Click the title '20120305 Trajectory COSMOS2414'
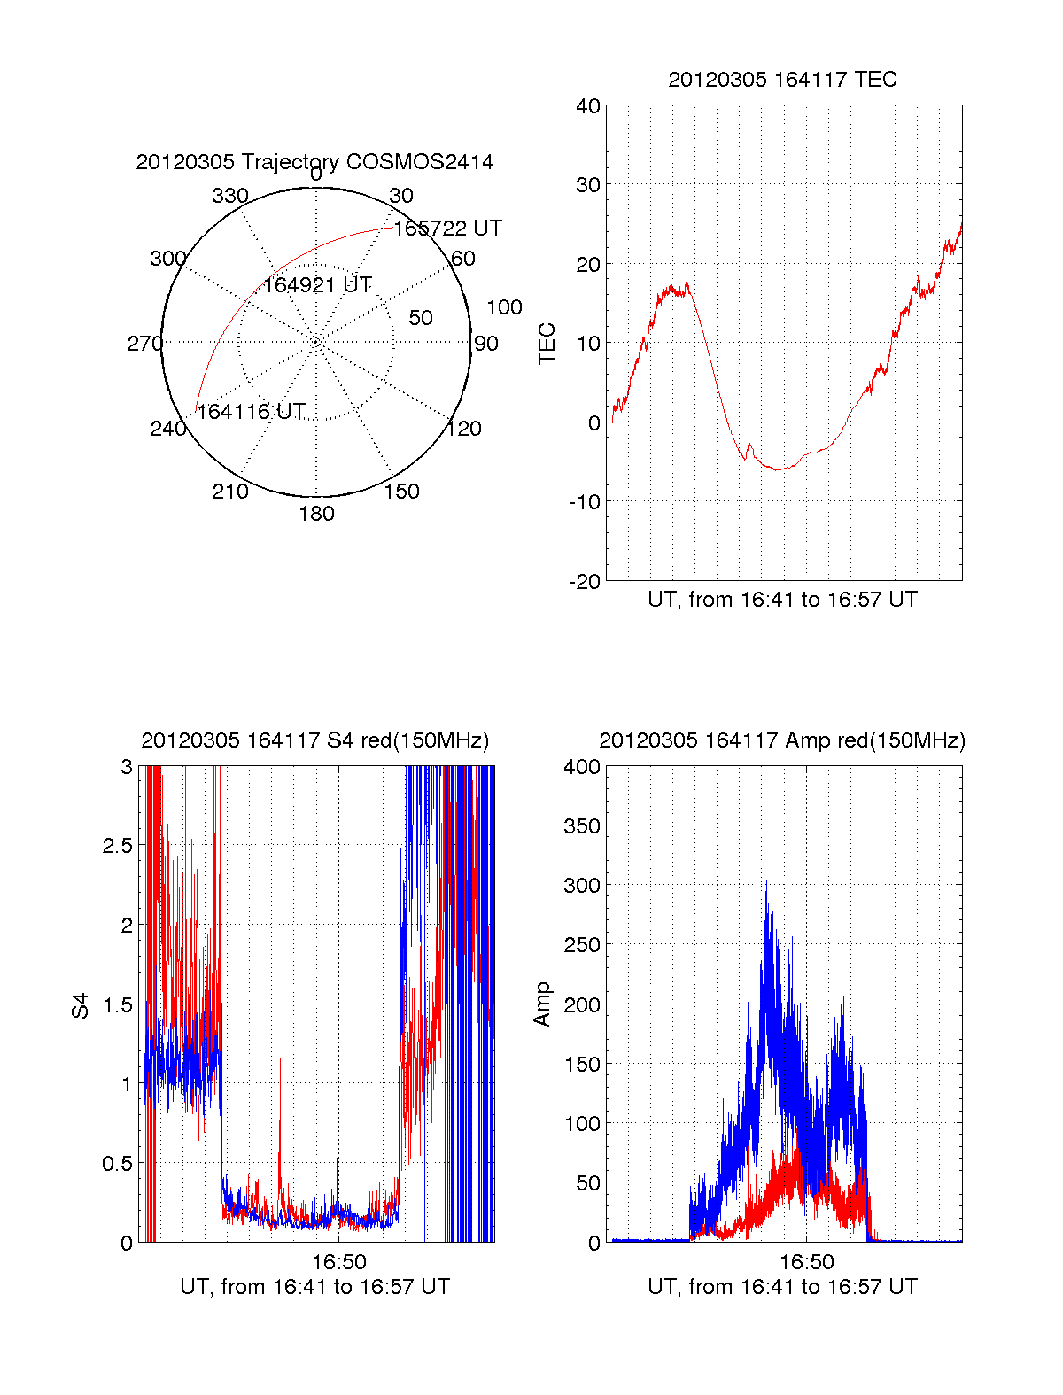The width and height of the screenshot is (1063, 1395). pyautogui.click(x=314, y=162)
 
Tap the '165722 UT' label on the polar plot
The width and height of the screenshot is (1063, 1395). pyautogui.click(x=447, y=229)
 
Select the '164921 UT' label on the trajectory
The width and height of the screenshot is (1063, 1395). pyautogui.click(x=317, y=285)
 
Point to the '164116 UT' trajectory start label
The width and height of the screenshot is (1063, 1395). pyautogui.click(x=251, y=412)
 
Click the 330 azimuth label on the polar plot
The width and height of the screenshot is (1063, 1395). pyautogui.click(x=229, y=196)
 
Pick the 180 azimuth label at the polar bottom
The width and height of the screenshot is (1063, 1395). pyautogui.click(x=316, y=514)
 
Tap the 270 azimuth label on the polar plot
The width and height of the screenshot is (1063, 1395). pyautogui.click(x=144, y=344)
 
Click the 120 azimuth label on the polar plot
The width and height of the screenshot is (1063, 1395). pyautogui.click(x=464, y=429)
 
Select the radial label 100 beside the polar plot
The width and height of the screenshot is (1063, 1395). pyautogui.click(x=504, y=307)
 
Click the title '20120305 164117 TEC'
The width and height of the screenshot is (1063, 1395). pyautogui.click(x=782, y=80)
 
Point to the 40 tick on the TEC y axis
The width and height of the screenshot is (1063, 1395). pyautogui.click(x=588, y=106)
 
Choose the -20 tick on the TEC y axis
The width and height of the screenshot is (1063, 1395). pyautogui.click(x=584, y=582)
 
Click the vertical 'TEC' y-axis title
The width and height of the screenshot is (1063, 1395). pyautogui.click(x=547, y=344)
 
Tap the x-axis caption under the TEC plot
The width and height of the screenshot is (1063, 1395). pyautogui.click(x=782, y=600)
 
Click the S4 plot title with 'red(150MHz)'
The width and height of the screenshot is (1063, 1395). pyautogui.click(x=314, y=740)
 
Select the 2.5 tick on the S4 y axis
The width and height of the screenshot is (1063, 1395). pyautogui.click(x=118, y=846)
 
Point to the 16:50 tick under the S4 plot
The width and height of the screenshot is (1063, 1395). pyautogui.click(x=339, y=1261)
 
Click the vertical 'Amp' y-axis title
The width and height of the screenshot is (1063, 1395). pyautogui.click(x=542, y=1004)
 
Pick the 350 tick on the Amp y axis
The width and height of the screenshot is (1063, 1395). pyautogui.click(x=582, y=826)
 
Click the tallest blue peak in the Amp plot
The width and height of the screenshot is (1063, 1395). pyautogui.click(x=766, y=883)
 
